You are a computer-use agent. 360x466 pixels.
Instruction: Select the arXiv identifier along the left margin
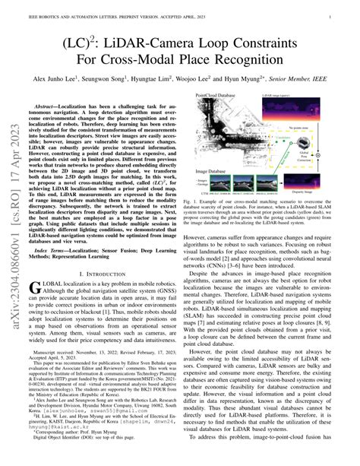[x=15, y=220]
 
